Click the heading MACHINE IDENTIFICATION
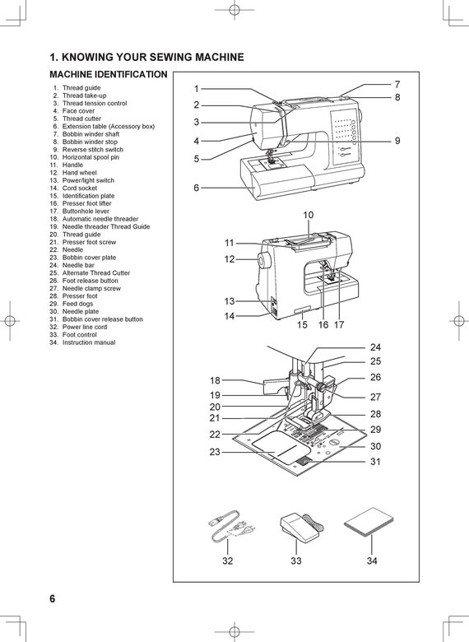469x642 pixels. tap(109, 75)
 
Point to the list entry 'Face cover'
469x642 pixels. tap(78, 111)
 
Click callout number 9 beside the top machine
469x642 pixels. tap(397, 141)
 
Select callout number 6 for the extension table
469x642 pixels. tap(197, 188)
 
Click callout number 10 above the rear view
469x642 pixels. tap(308, 215)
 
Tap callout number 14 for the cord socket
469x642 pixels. tap(230, 316)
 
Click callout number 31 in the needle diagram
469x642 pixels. tap(375, 462)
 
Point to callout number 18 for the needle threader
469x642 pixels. tap(215, 380)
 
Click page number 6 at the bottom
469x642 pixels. tap(52, 598)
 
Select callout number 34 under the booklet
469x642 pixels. tap(372, 561)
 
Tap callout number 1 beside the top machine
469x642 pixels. tap(197, 88)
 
